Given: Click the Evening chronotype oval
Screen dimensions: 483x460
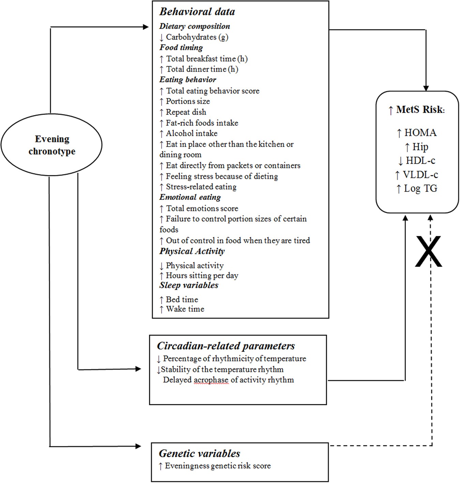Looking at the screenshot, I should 52,145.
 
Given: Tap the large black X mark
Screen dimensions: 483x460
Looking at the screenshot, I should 428,252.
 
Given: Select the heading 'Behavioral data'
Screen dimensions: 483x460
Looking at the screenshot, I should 197,12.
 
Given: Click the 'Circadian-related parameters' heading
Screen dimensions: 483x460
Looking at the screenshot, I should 226,346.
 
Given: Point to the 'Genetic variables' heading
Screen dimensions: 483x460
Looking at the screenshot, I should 199,453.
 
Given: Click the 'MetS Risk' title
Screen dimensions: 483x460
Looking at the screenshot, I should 417,110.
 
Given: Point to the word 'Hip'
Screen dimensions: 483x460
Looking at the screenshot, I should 420,147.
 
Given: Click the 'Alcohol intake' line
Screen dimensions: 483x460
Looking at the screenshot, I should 191,133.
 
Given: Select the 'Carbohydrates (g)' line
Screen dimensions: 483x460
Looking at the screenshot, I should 197,37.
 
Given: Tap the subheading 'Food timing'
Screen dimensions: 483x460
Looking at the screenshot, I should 181,47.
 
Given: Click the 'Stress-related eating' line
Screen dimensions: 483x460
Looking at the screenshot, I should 201,187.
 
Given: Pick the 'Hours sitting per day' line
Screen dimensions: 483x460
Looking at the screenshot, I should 202,275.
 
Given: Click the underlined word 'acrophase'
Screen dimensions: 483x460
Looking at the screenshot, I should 211,380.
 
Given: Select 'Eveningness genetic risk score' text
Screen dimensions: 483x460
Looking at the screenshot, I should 217,466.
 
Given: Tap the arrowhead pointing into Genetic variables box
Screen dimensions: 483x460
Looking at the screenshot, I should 138,446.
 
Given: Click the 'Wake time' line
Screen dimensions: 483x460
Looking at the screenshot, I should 185,309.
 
